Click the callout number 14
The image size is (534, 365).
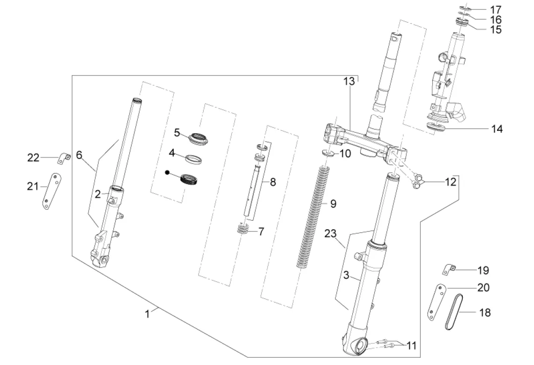tap(497, 129)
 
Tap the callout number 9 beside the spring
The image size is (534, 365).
tap(333, 203)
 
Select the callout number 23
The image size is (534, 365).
tap(330, 233)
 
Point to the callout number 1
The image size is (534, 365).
tap(147, 314)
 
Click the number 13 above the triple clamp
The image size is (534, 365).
tap(349, 81)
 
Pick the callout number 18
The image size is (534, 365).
tap(485, 312)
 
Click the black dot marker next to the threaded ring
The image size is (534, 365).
tap(167, 172)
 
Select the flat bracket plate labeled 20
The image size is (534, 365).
tap(437, 302)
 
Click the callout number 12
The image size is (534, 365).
tap(450, 182)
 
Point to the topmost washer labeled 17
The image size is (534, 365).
tap(465, 8)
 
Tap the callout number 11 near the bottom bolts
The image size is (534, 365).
tap(411, 346)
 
